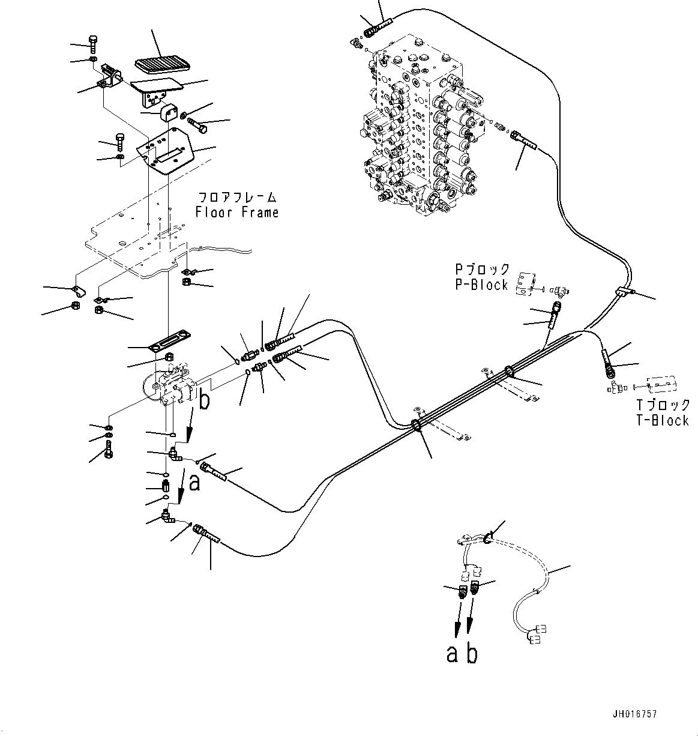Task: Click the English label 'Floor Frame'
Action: click(x=237, y=213)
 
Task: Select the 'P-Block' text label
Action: click(x=481, y=285)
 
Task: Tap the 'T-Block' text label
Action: click(x=663, y=421)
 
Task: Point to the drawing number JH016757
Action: click(x=635, y=714)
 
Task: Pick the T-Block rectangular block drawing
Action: click(x=662, y=385)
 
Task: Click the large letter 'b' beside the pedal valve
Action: click(x=204, y=400)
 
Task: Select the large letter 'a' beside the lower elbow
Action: click(x=194, y=483)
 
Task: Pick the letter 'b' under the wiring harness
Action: click(x=472, y=654)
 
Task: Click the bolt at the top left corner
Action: click(x=94, y=43)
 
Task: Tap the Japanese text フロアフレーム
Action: click(x=237, y=197)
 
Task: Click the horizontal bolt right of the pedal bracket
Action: click(x=200, y=124)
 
